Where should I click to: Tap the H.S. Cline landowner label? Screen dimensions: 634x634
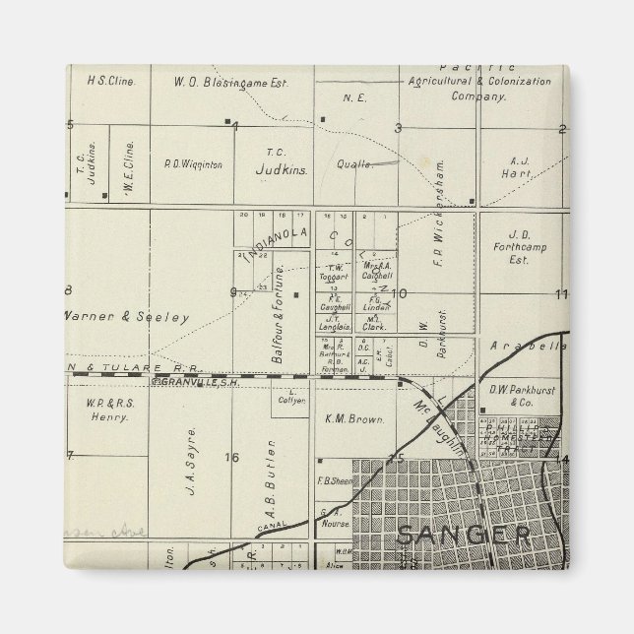(x=111, y=82)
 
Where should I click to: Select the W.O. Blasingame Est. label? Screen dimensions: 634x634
(x=230, y=82)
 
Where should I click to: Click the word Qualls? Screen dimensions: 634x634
(x=354, y=165)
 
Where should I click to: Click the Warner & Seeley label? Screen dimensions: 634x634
(x=125, y=317)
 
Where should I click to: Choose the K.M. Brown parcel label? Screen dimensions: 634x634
(x=353, y=418)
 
